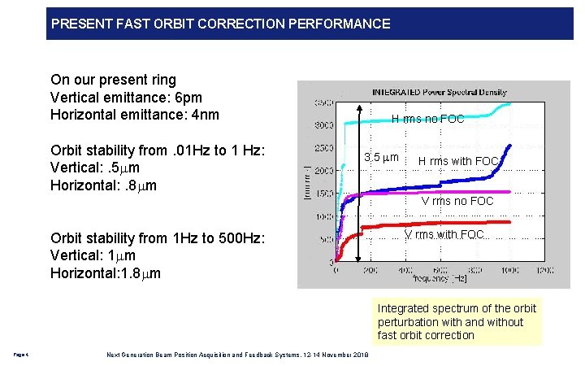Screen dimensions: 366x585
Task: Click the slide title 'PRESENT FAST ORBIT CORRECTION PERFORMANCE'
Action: pyautogui.click(x=220, y=24)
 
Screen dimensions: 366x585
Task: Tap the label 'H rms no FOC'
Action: pyautogui.click(x=427, y=120)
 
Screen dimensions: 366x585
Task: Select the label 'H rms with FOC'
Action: pyautogui.click(x=458, y=161)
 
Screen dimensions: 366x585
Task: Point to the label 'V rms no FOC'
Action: pyautogui.click(x=457, y=201)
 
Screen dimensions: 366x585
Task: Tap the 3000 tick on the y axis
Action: pyautogui.click(x=324, y=125)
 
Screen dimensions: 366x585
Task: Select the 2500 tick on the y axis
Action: pyautogui.click(x=324, y=148)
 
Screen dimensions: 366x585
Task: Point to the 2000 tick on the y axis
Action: pyautogui.click(x=324, y=171)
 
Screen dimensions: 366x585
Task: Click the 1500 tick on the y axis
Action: pyautogui.click(x=324, y=194)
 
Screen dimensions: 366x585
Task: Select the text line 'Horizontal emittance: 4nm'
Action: pyautogui.click(x=135, y=115)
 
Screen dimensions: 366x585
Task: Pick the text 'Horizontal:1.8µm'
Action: pyautogui.click(x=106, y=273)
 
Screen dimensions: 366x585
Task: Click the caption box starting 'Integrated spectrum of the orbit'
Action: pyautogui.click(x=457, y=321)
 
